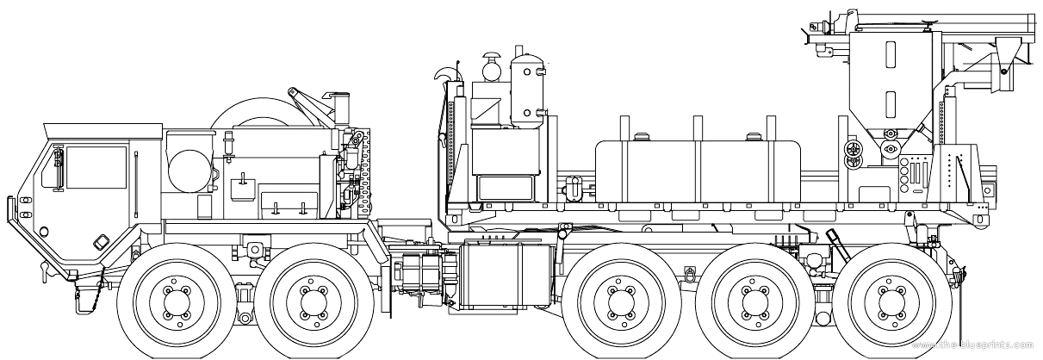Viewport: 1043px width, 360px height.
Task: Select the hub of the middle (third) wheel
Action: [619, 301]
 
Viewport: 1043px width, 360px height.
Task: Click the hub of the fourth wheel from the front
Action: [753, 301]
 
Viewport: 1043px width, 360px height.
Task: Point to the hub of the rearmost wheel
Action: [888, 301]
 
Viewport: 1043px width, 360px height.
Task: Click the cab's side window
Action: [96, 168]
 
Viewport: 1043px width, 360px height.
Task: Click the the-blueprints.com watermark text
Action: [975, 345]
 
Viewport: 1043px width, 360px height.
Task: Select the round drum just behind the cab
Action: [189, 170]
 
